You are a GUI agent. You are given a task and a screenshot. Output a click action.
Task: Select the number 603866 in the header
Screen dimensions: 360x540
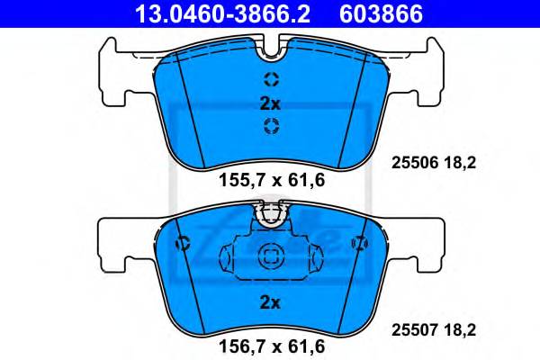click(x=379, y=13)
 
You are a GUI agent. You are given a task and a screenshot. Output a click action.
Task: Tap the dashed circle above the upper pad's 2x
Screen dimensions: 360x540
click(x=271, y=78)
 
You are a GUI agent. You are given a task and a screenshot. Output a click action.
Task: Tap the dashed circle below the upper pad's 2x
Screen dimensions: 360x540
click(x=271, y=125)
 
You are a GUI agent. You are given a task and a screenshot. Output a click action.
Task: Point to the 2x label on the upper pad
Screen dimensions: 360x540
click(x=271, y=102)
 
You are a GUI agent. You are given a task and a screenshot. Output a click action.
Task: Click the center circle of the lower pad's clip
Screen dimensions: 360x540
click(x=271, y=257)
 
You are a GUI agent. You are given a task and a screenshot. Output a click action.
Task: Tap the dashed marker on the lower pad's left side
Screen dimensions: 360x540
click(x=184, y=243)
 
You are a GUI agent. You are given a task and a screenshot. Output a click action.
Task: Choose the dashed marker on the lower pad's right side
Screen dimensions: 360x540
click(x=359, y=243)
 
